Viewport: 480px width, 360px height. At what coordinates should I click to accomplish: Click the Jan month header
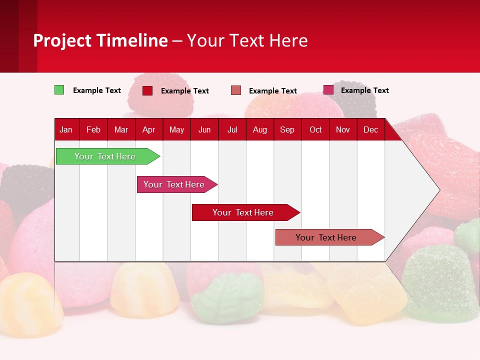click(66, 129)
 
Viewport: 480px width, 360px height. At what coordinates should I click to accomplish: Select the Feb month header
click(93, 129)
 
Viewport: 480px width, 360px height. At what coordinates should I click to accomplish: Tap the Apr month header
click(148, 129)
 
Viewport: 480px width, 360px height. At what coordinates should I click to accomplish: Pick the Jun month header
click(204, 129)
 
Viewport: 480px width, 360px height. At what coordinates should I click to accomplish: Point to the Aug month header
click(260, 129)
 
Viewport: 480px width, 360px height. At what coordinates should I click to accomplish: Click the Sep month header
click(287, 129)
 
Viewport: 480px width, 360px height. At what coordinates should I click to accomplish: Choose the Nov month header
click(343, 129)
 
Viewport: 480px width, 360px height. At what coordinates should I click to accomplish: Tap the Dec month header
click(370, 129)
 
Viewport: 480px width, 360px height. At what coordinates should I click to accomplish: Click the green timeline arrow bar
click(105, 156)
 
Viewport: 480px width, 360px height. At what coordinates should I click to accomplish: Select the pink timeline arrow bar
click(174, 184)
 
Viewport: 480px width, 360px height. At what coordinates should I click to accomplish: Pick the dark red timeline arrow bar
click(243, 212)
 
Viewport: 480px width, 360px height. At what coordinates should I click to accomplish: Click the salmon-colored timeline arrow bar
click(326, 237)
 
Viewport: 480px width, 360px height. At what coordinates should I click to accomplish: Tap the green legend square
click(59, 90)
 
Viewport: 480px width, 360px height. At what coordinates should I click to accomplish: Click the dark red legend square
click(147, 90)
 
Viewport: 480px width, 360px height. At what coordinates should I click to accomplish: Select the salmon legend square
click(236, 90)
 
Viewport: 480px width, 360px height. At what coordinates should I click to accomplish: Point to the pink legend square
click(328, 90)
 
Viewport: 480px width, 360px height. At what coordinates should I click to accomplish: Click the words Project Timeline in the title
click(100, 40)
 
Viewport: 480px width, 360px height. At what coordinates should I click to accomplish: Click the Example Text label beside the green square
click(97, 90)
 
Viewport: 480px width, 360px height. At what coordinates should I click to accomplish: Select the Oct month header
click(315, 129)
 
